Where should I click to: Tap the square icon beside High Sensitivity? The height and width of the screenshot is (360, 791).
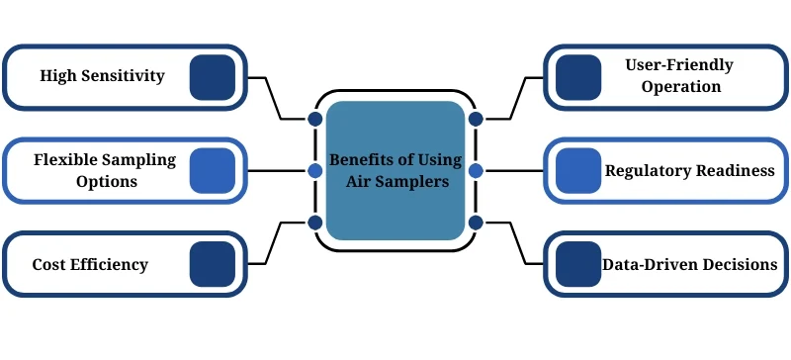212,76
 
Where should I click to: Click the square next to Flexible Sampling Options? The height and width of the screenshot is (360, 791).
212,170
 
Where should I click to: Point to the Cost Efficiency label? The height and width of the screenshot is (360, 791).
90,264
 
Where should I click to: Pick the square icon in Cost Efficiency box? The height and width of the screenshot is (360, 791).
212,264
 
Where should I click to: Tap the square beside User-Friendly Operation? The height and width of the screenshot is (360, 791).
578,76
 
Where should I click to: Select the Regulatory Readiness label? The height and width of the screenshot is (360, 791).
689,170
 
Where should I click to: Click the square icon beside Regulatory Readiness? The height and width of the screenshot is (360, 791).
578,170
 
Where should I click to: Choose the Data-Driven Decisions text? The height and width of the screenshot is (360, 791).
688,264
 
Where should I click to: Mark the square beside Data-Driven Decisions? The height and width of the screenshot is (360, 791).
578,264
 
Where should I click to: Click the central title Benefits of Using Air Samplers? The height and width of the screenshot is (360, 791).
395,170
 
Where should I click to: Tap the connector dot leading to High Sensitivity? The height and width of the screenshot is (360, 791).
315,119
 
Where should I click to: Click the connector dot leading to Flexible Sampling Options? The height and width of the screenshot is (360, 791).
315,170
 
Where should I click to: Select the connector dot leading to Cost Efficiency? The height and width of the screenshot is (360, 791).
315,223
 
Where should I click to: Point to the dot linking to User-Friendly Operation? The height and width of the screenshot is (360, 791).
476,119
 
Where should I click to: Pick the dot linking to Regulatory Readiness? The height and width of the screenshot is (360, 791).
476,170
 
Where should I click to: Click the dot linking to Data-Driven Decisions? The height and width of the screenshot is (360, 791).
476,223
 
